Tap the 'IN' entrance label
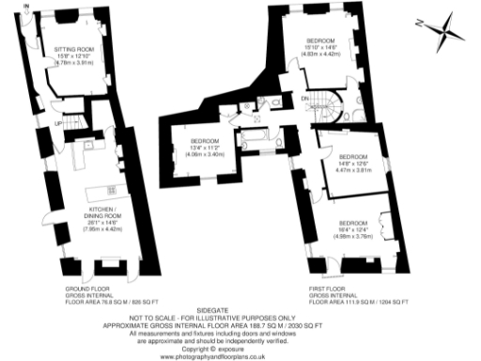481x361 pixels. pos(26,8)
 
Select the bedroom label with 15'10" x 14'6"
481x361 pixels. pos(321,40)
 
